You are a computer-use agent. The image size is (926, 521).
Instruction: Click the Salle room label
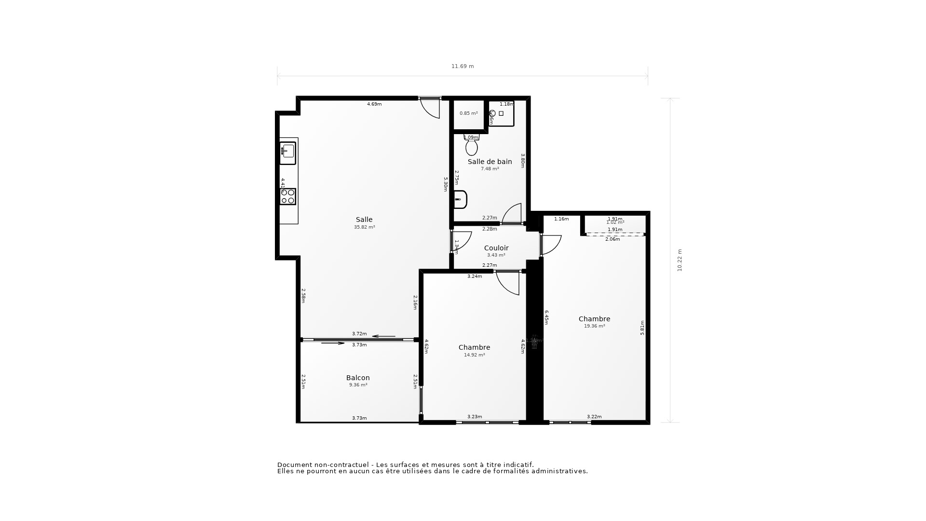[364, 219]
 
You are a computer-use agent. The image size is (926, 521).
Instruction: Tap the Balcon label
[358, 378]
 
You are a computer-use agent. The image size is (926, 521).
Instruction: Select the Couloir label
[496, 248]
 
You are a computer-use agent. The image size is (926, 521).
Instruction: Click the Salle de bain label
[490, 162]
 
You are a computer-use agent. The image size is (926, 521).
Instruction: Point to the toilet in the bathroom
[472, 146]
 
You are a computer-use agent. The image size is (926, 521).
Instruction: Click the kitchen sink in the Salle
[288, 151]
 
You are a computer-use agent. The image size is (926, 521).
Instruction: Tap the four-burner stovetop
[288, 196]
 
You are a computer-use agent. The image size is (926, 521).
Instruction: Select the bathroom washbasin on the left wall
[461, 199]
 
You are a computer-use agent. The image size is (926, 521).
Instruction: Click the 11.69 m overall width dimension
[463, 67]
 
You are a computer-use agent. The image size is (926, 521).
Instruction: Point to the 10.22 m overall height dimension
[680, 260]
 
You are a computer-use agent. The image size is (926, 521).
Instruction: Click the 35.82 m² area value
[364, 227]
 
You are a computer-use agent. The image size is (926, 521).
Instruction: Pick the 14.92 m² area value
[474, 355]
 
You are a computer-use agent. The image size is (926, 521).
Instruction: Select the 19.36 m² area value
[594, 326]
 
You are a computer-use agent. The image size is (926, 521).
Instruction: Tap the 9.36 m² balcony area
[358, 385]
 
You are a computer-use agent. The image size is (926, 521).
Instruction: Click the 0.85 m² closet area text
[468, 113]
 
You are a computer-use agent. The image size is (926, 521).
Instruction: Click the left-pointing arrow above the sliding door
[384, 336]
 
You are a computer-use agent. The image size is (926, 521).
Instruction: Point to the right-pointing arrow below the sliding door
[333, 343]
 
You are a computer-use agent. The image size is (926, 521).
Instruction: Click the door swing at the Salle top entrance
[431, 108]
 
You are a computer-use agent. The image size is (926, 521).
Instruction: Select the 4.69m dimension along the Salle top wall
[374, 104]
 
